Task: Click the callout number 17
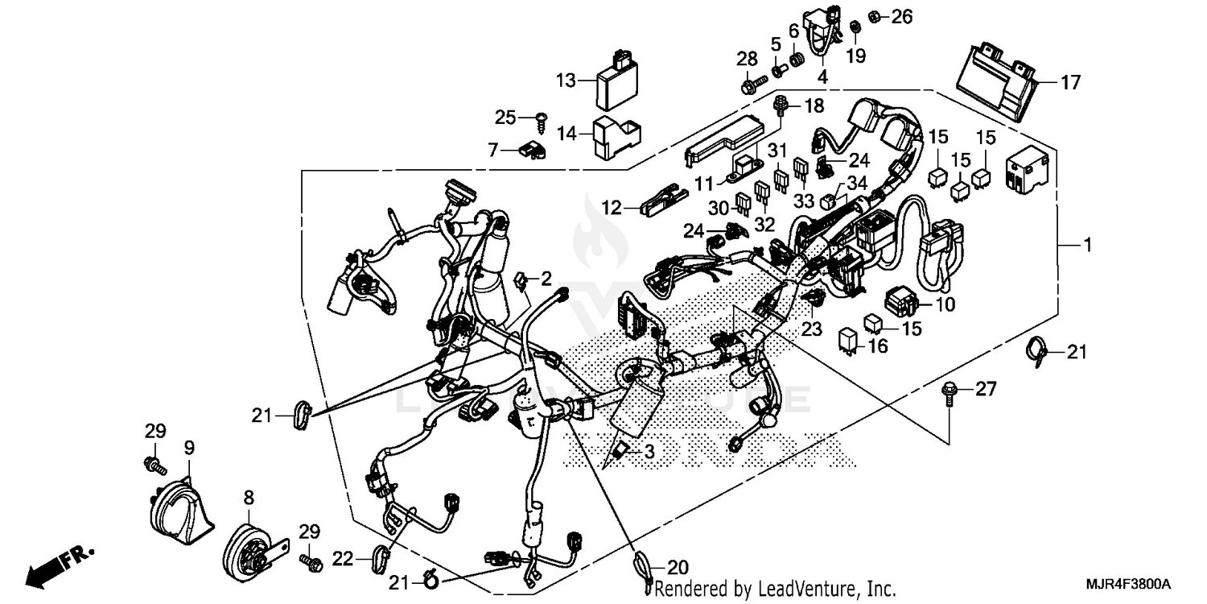click(x=1071, y=82)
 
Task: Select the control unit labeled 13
click(x=616, y=81)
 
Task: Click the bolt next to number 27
click(x=950, y=395)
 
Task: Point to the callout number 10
click(x=945, y=304)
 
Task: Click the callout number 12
click(x=612, y=208)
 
